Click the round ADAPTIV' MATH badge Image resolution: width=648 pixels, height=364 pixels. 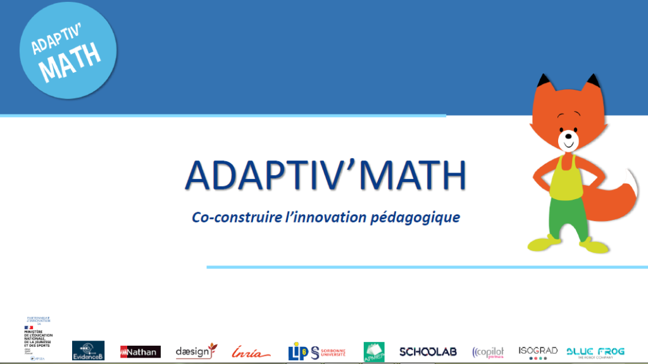68,51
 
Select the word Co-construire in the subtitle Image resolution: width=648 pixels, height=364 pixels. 228,217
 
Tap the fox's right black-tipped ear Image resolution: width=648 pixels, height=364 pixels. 592,83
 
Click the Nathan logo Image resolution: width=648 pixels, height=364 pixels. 140,351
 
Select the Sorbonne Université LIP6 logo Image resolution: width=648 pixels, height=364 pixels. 316,351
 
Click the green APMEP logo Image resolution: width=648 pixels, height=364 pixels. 374,352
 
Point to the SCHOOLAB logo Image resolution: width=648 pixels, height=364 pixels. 428,351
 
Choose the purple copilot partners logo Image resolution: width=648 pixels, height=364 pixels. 488,352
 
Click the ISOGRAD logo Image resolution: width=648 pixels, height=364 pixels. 538,352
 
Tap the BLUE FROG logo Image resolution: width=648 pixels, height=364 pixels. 595,352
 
